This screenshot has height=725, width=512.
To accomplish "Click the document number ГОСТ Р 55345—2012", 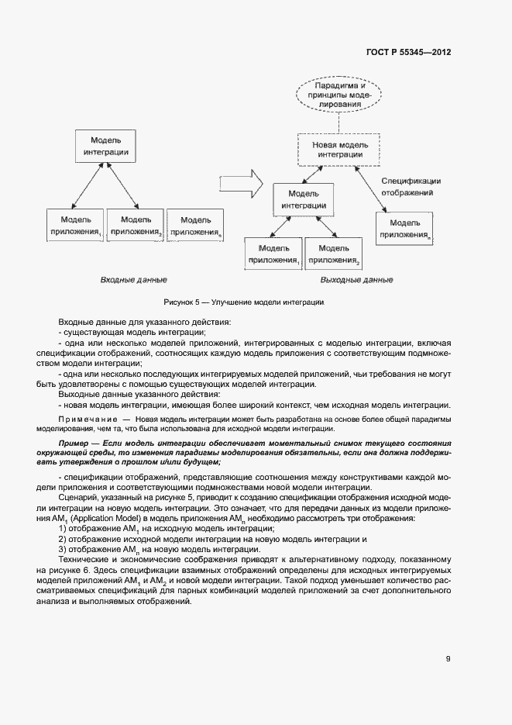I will [x=408, y=53].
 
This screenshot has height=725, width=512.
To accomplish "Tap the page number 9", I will [x=448, y=659].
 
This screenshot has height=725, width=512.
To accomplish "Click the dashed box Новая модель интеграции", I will [x=338, y=149].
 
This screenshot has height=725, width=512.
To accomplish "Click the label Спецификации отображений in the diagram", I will [x=411, y=186].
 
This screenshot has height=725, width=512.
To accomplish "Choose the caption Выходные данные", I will [x=357, y=280].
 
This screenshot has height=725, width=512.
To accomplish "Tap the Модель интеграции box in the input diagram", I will [x=106, y=147].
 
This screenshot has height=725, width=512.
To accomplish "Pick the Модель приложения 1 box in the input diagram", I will [x=74, y=226].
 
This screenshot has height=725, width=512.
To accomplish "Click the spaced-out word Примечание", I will [x=84, y=419].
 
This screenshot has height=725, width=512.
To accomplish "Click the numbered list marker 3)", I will [x=64, y=550].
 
